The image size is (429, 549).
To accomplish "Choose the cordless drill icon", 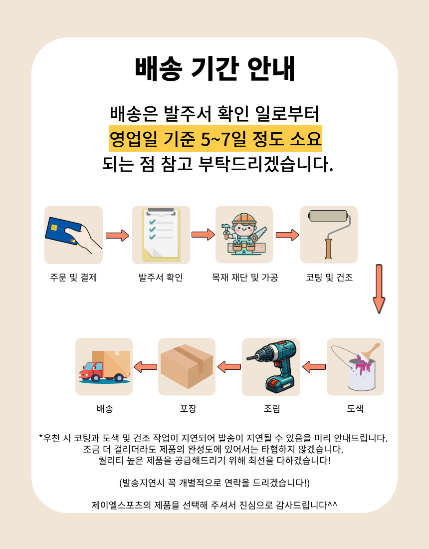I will (271, 367).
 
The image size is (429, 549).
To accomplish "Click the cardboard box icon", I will (187, 367).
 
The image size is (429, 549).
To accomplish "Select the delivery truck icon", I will (104, 367).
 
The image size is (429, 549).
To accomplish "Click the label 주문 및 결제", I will (73, 277).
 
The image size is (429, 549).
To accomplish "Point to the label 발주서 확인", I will (161, 277).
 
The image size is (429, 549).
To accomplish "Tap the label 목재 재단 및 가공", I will (244, 277).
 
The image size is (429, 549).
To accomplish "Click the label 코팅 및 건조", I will (329, 277).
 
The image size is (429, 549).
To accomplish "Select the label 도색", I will (355, 409).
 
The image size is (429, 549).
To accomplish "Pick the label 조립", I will (272, 409).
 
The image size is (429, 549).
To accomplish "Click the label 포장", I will (188, 409).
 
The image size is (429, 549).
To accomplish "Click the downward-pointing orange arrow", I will (379, 288).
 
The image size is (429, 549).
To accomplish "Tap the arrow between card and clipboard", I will (117, 235).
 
